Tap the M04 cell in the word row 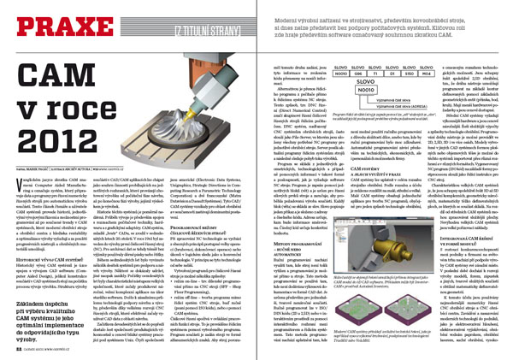tap(424, 73)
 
